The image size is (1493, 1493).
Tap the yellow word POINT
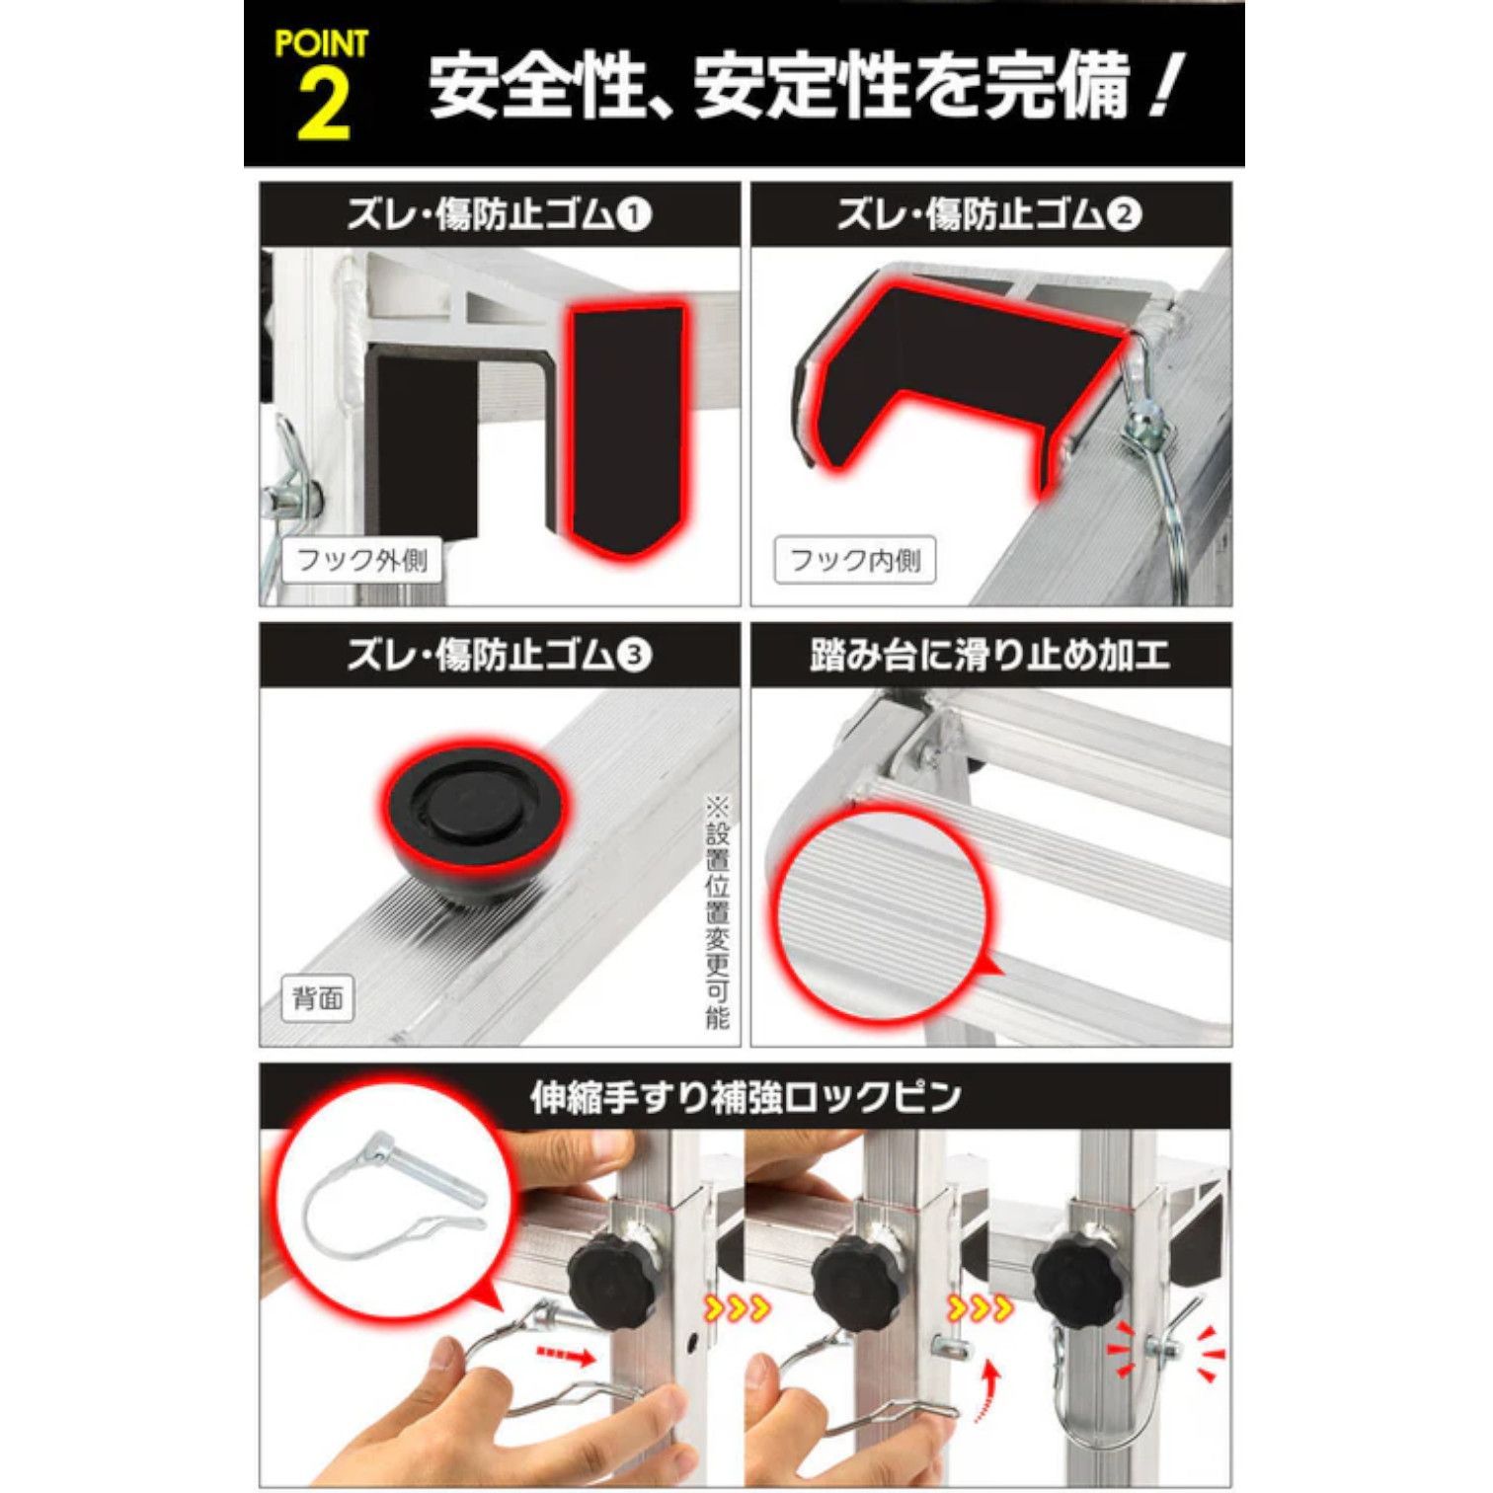tap(322, 44)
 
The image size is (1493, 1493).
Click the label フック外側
tap(362, 561)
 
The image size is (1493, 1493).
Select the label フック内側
tap(855, 561)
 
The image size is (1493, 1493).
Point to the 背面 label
tap(318, 998)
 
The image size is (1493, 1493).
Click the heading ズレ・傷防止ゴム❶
tap(499, 214)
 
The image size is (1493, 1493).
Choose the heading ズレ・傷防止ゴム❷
tap(989, 214)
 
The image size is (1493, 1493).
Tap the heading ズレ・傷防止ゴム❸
tap(499, 656)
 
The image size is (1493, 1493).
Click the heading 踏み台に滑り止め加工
tap(989, 656)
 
